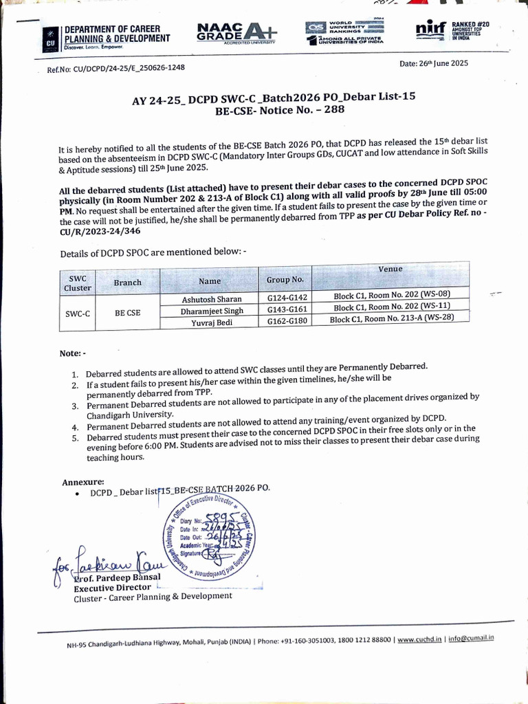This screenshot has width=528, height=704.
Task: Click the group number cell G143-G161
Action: tap(285, 309)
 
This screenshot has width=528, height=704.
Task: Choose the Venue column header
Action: tap(390, 269)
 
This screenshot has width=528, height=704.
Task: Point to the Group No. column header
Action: tap(285, 280)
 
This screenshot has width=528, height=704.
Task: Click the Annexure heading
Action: tap(83, 482)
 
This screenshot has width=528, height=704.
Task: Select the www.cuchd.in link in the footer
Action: tap(420, 639)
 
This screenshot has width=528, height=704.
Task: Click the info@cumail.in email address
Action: tap(472, 638)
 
